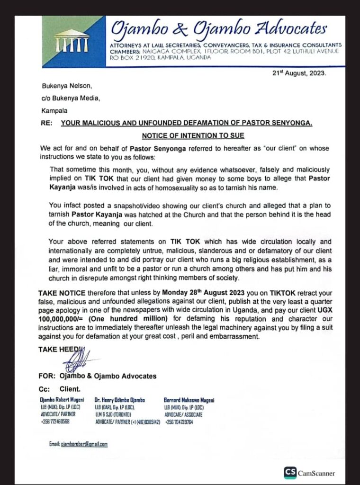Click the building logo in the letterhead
point(71,41)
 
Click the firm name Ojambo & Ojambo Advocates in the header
point(218,29)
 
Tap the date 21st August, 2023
point(299,74)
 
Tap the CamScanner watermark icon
point(290,472)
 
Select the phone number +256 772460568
point(54,421)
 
